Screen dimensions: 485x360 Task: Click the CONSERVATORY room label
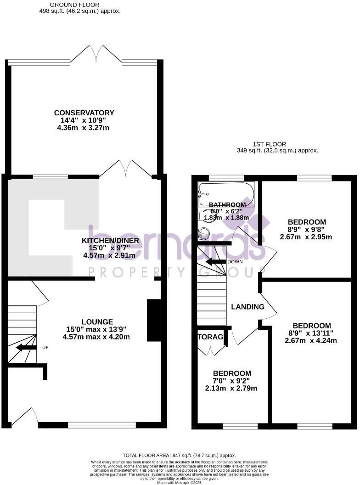pos(84,113)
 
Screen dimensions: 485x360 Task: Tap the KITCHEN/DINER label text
pos(108,241)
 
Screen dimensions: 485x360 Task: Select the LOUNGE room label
pos(97,321)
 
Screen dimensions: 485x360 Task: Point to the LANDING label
pos(247,307)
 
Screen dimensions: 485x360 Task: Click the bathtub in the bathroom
pos(226,193)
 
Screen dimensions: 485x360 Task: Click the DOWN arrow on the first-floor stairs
pos(216,262)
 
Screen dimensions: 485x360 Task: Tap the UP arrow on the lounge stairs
pos(27,347)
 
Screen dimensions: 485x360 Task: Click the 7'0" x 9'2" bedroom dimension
pos(231,381)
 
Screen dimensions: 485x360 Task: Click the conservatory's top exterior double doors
pos(96,54)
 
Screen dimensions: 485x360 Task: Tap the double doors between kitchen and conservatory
pos(125,169)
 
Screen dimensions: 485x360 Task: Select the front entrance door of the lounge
pos(25,416)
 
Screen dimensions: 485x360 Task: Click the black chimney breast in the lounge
pos(154,320)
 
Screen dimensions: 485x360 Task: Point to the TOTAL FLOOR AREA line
pos(180,455)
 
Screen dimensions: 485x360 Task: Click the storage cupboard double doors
pos(212,349)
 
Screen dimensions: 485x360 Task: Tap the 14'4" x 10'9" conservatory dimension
pos(84,120)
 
